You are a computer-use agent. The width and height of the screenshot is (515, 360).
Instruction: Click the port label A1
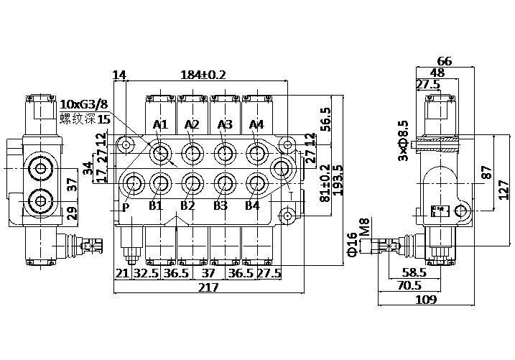pos(160,125)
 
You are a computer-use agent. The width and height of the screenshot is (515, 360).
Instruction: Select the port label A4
pos(256,125)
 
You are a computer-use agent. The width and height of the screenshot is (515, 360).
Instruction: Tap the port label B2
pos(188,206)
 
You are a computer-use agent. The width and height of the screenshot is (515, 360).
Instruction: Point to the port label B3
pos(220,206)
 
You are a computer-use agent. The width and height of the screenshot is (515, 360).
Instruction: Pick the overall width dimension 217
pos(208,288)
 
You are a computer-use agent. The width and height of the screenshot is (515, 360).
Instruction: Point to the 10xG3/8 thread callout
pos(85,105)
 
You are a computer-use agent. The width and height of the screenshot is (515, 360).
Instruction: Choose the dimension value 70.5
pos(430,285)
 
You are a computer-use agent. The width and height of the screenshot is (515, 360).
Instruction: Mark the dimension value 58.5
pos(414,272)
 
